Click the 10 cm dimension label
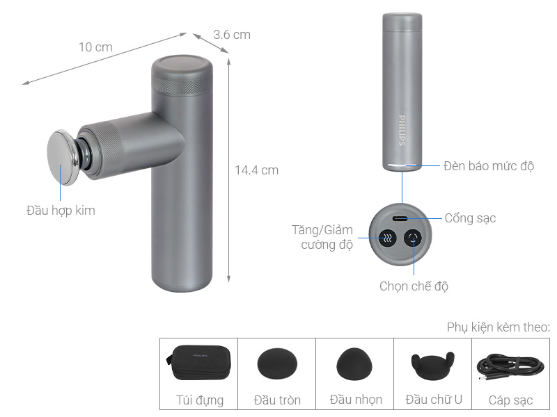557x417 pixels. [95, 47]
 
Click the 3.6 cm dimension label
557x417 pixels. [232, 34]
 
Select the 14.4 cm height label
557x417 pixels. [256, 170]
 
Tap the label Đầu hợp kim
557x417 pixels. [61, 210]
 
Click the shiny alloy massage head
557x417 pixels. [61, 156]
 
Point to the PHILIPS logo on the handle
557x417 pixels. [402, 130]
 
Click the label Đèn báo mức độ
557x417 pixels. [489, 166]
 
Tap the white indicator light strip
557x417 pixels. [402, 166]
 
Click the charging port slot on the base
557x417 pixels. [402, 218]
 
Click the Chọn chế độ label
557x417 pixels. [414, 286]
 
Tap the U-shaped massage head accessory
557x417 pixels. [433, 363]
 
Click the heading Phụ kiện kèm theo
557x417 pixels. [499, 327]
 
